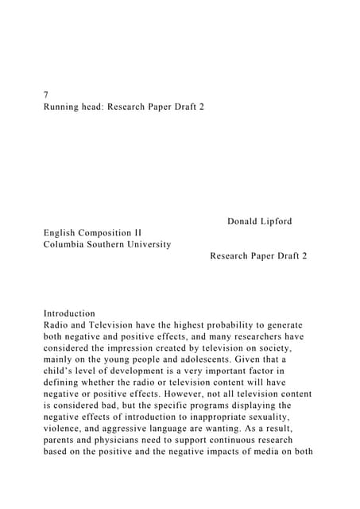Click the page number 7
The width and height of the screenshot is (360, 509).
click(x=46, y=93)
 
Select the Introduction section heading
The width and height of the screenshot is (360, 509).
click(x=69, y=313)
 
